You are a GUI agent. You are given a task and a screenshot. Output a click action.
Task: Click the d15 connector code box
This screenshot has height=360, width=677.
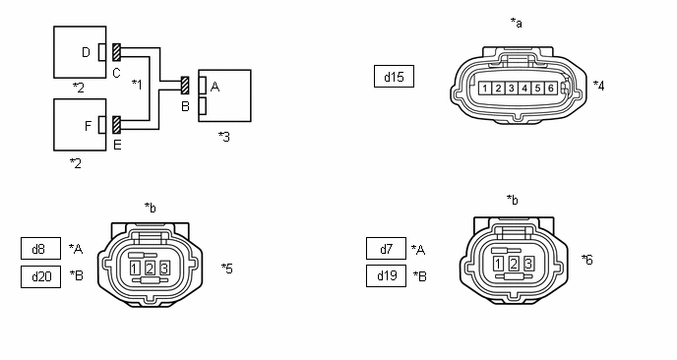394,77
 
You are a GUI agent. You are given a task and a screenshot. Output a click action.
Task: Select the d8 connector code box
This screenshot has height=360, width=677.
40,248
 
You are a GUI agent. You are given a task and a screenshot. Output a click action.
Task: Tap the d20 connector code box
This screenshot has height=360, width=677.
40,276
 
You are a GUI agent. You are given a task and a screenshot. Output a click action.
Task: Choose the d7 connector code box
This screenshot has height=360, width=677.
386,248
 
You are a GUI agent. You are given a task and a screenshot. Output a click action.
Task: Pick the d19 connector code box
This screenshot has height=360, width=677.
386,275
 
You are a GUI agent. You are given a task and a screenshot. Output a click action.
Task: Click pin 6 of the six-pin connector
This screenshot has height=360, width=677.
550,89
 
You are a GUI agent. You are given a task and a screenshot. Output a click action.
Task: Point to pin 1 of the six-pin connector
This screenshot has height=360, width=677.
485,89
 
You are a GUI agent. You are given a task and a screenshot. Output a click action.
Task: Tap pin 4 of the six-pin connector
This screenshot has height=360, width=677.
524,89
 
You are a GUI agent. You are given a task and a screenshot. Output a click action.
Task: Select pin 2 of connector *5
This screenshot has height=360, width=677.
150,269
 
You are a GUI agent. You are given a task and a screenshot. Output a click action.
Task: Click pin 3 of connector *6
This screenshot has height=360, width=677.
528,264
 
